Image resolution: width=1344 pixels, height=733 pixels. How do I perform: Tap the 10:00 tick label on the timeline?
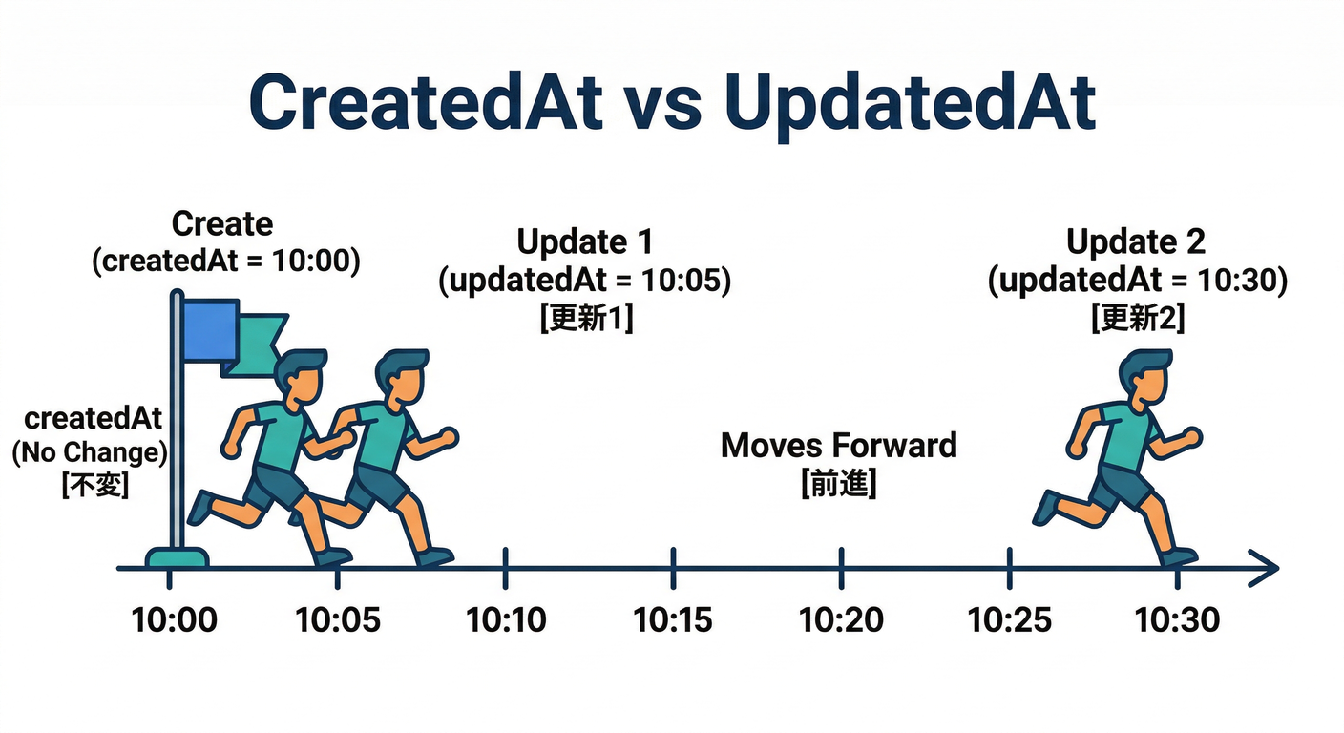tap(174, 620)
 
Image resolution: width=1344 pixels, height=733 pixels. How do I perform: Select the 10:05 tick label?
tap(338, 620)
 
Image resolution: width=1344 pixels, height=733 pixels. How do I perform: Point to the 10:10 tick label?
tap(506, 620)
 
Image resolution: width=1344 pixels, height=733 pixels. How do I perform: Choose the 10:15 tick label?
tap(673, 620)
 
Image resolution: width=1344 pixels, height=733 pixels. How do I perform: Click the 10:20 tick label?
tap(841, 620)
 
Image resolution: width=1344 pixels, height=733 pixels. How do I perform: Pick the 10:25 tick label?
tap(1009, 620)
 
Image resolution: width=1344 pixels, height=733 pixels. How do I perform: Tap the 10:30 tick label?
tap(1177, 620)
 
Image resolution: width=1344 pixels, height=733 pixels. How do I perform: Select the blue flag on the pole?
tap(210, 330)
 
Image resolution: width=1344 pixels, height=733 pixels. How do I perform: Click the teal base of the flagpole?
tap(177, 556)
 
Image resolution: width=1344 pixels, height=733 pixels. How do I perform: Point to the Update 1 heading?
tap(584, 242)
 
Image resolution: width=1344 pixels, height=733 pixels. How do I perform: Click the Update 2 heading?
tap(1136, 242)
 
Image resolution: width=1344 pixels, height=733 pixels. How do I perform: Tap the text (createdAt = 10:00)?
tap(226, 262)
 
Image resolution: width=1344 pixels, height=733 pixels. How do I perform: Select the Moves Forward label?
tap(838, 445)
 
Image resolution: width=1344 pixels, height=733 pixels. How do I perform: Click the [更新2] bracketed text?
tap(1138, 319)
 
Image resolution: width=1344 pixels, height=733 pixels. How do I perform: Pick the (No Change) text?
tap(90, 451)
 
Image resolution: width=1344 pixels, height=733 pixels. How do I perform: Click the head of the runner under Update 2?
tap(1144, 377)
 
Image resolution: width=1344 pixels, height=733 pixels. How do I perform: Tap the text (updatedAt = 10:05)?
tap(584, 281)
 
